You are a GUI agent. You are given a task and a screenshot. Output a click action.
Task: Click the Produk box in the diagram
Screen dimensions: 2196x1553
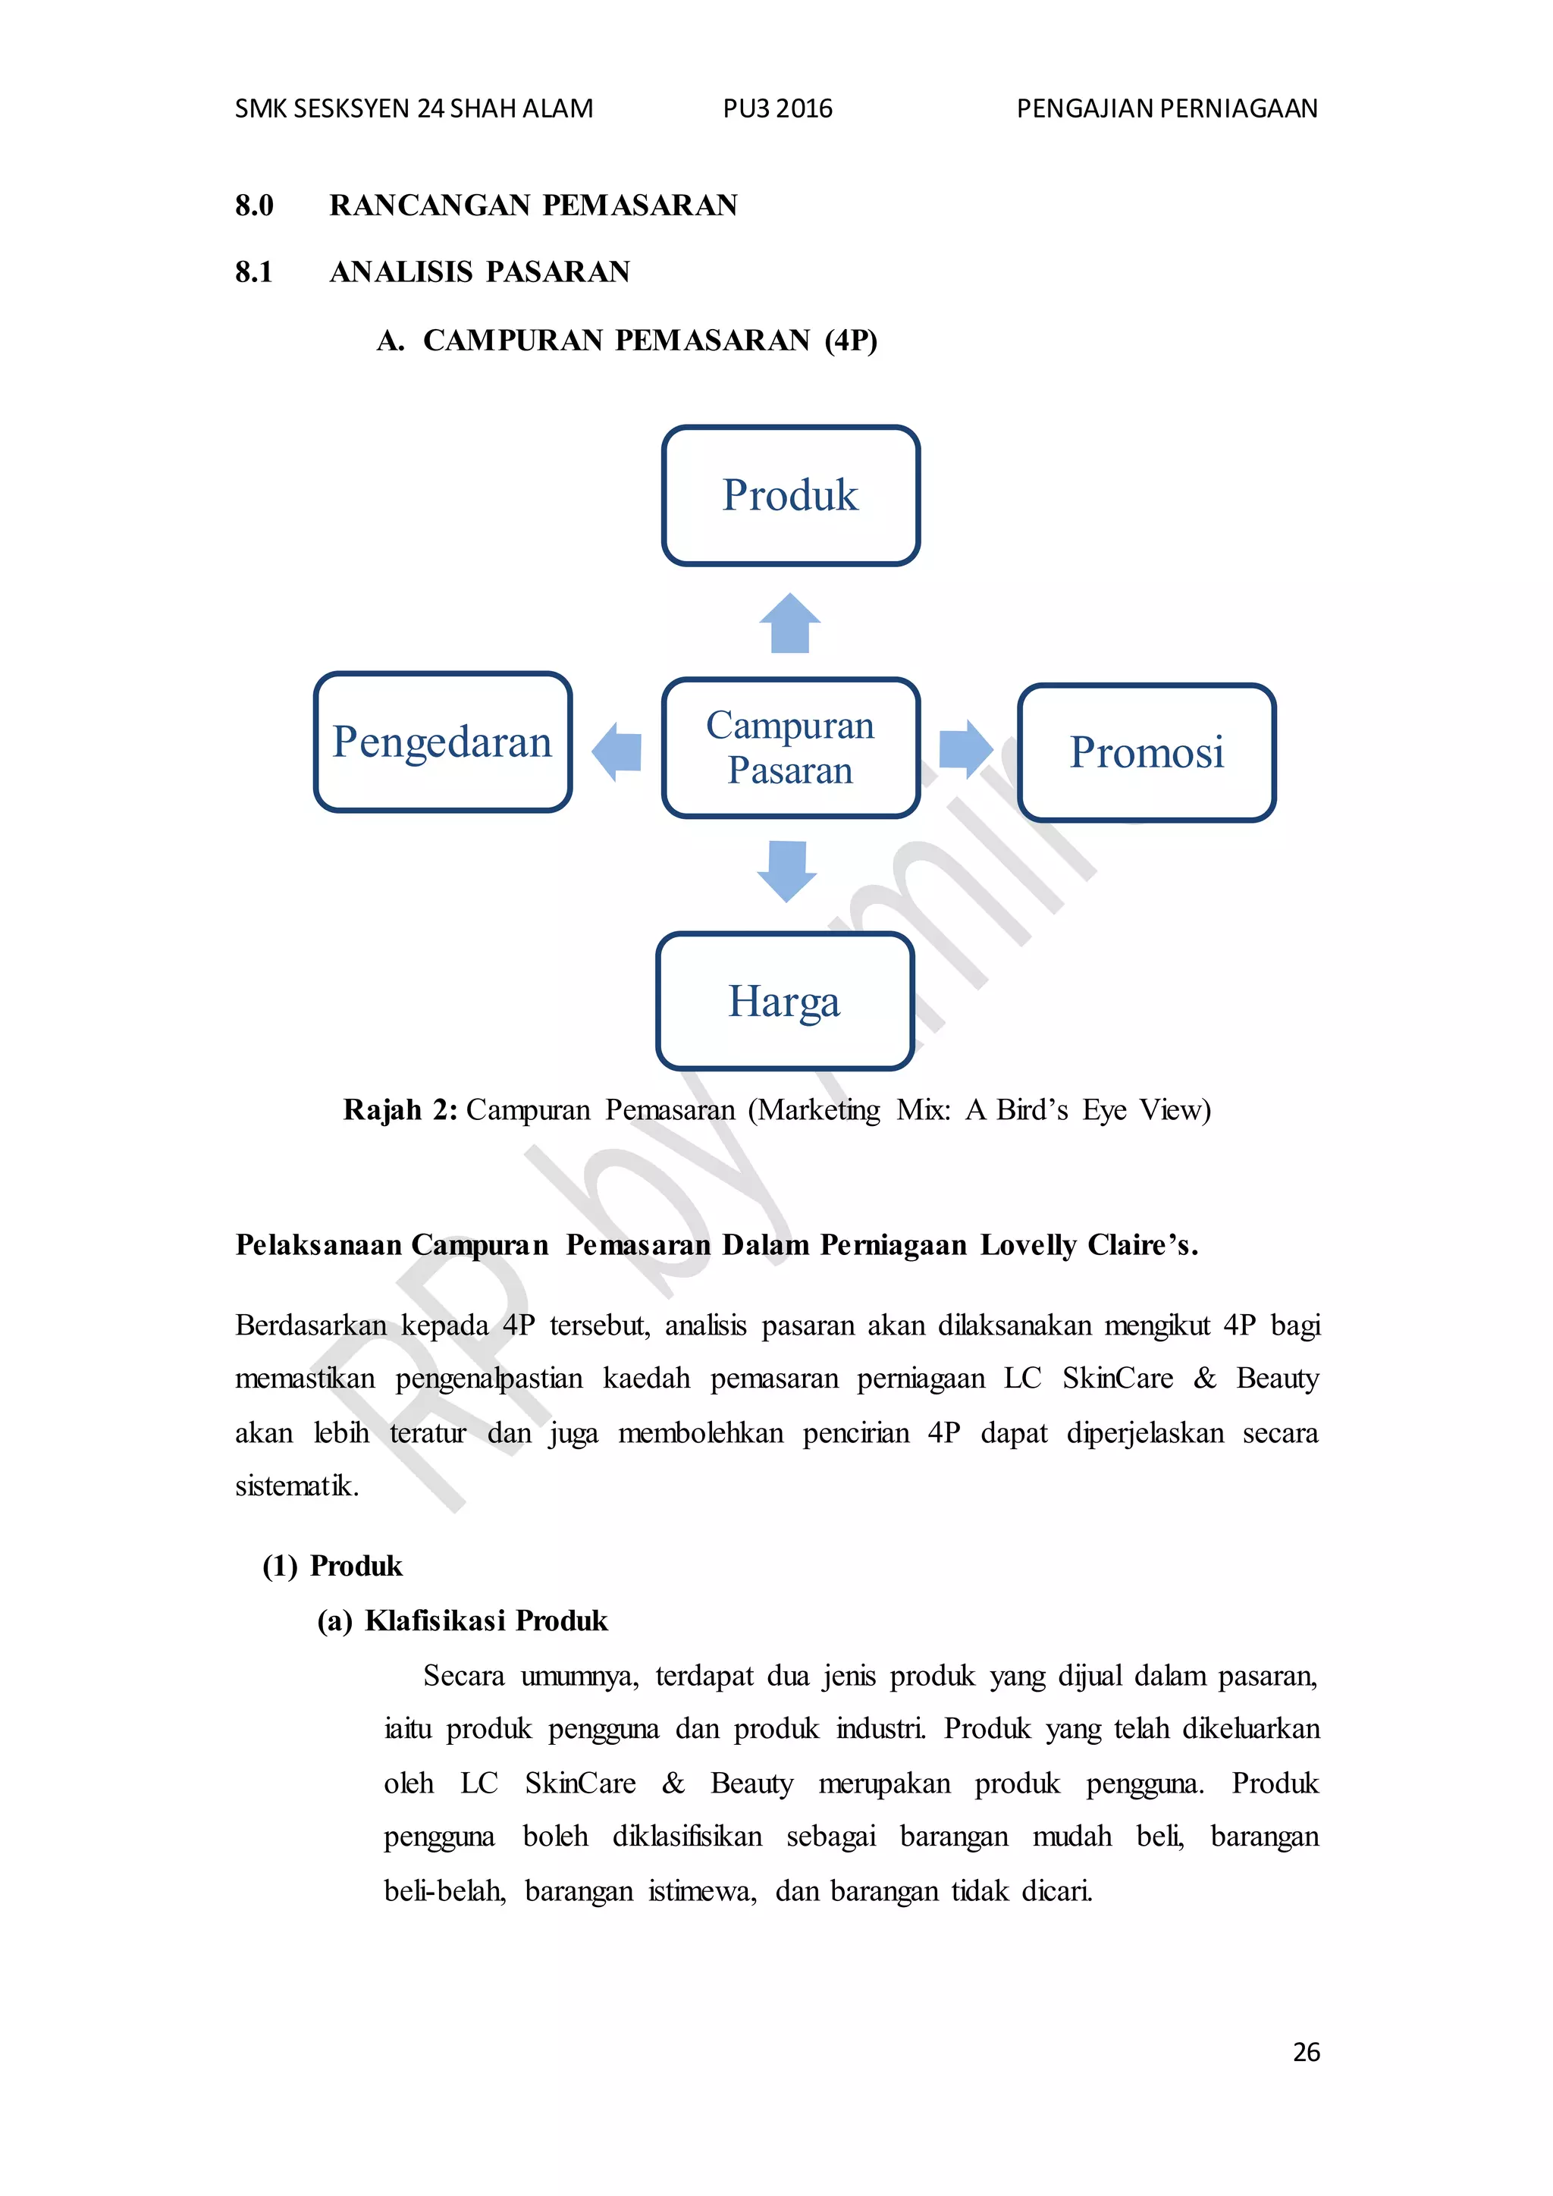(x=790, y=495)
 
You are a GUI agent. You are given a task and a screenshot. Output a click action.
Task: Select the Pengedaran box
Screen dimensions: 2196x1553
(x=443, y=742)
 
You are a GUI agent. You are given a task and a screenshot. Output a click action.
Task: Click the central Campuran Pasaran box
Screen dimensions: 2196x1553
(x=790, y=748)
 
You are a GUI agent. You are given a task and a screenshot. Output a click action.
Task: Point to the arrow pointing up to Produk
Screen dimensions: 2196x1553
(x=790, y=623)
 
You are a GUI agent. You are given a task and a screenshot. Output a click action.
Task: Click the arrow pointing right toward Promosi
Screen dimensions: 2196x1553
(x=965, y=749)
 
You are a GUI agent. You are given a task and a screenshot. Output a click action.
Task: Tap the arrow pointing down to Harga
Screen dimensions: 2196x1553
(x=787, y=871)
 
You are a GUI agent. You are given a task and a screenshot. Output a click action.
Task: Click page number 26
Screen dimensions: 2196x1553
(x=1305, y=2052)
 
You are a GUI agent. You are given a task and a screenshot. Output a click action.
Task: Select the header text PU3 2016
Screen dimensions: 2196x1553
(x=777, y=109)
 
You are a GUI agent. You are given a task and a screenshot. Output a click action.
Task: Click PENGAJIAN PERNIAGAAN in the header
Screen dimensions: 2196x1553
(x=1167, y=109)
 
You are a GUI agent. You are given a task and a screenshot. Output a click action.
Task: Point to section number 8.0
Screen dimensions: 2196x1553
(x=254, y=205)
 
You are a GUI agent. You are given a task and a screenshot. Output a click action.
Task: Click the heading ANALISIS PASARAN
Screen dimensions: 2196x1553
(x=480, y=272)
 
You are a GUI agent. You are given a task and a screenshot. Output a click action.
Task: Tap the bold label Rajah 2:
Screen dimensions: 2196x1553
(x=400, y=1110)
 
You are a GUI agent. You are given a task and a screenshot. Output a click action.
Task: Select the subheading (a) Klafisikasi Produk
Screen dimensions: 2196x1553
(x=463, y=1621)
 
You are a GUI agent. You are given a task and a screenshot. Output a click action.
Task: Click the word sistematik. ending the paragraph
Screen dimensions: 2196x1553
(x=296, y=1486)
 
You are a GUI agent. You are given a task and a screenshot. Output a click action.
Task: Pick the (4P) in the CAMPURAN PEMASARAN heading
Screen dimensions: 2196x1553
(x=851, y=340)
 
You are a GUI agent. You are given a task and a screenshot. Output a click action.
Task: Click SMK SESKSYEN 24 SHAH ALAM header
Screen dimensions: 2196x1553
(x=414, y=109)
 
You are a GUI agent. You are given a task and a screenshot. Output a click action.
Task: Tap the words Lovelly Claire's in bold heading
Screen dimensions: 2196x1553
(x=1088, y=1245)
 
